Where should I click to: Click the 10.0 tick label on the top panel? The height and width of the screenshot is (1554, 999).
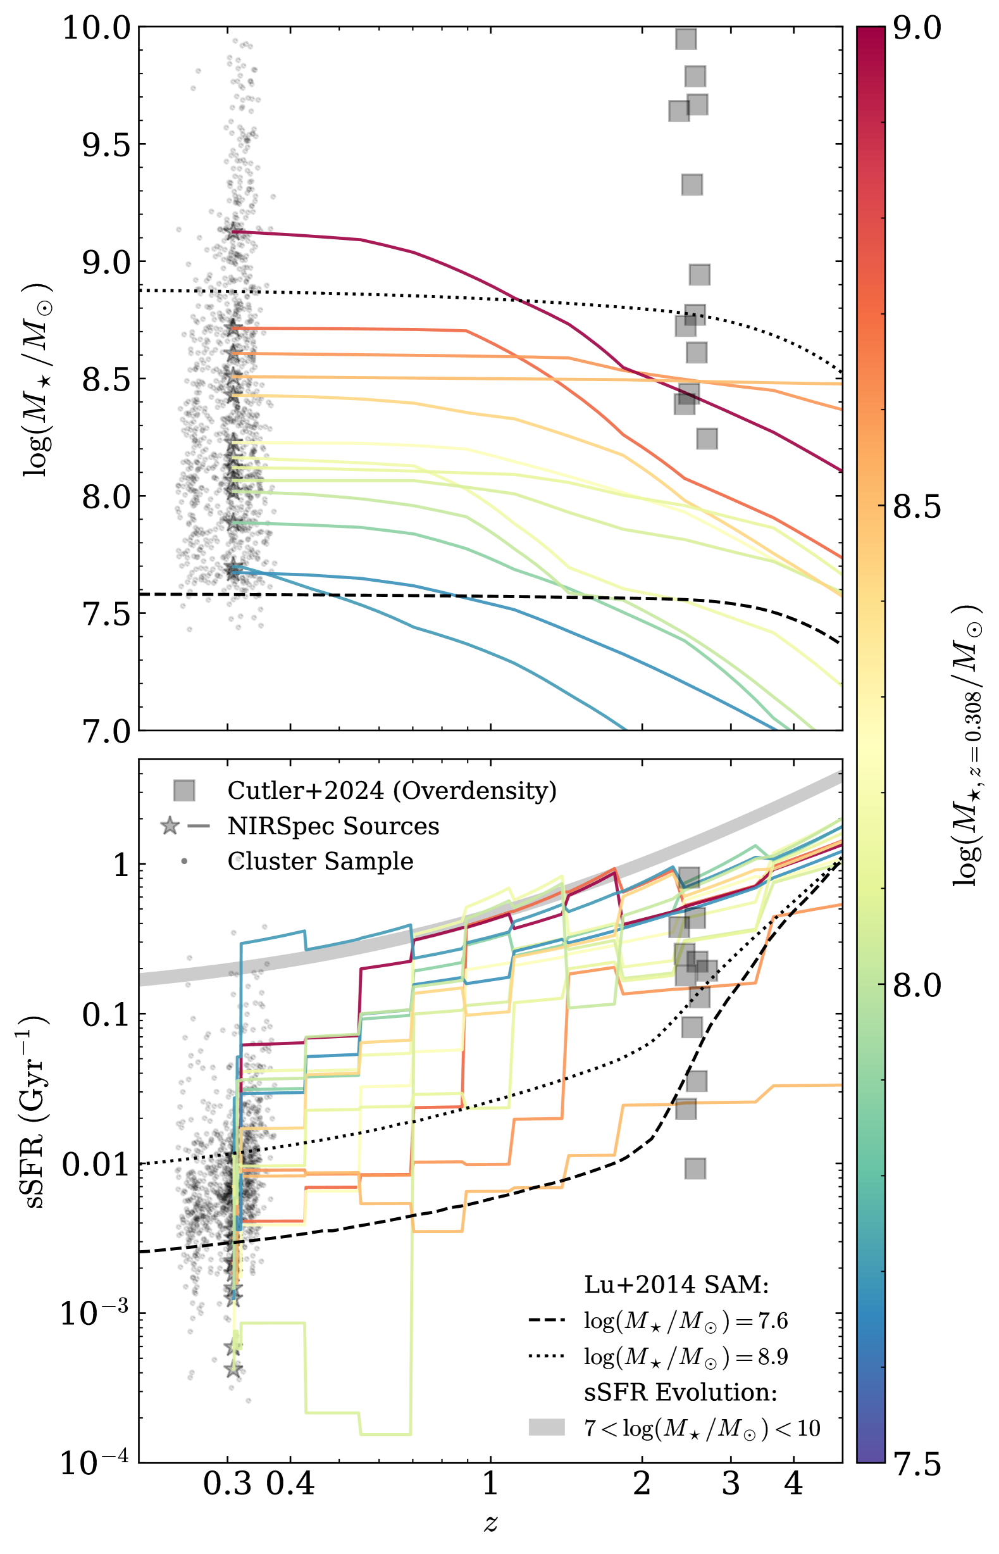pos(96,28)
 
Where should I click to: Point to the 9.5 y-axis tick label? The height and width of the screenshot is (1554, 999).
pos(106,146)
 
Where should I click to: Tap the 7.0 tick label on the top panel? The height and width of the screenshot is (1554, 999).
pos(106,731)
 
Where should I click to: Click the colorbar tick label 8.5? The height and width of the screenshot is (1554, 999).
pos(917,507)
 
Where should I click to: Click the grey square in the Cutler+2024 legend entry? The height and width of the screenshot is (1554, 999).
pos(184,791)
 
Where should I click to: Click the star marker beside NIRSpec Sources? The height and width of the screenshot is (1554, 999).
pos(170,826)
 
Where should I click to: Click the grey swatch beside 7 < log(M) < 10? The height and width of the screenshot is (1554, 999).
pos(547,1427)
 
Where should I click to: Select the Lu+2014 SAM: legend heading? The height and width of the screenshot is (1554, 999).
pos(676,1284)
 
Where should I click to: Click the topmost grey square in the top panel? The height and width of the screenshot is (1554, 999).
pos(686,39)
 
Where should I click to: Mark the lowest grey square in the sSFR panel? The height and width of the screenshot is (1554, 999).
pos(695,1169)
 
